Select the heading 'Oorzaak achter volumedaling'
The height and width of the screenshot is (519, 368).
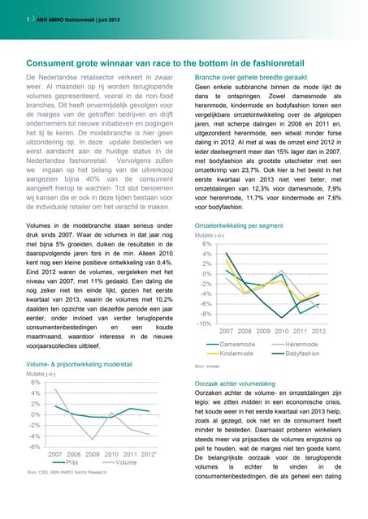(x=240, y=383)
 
